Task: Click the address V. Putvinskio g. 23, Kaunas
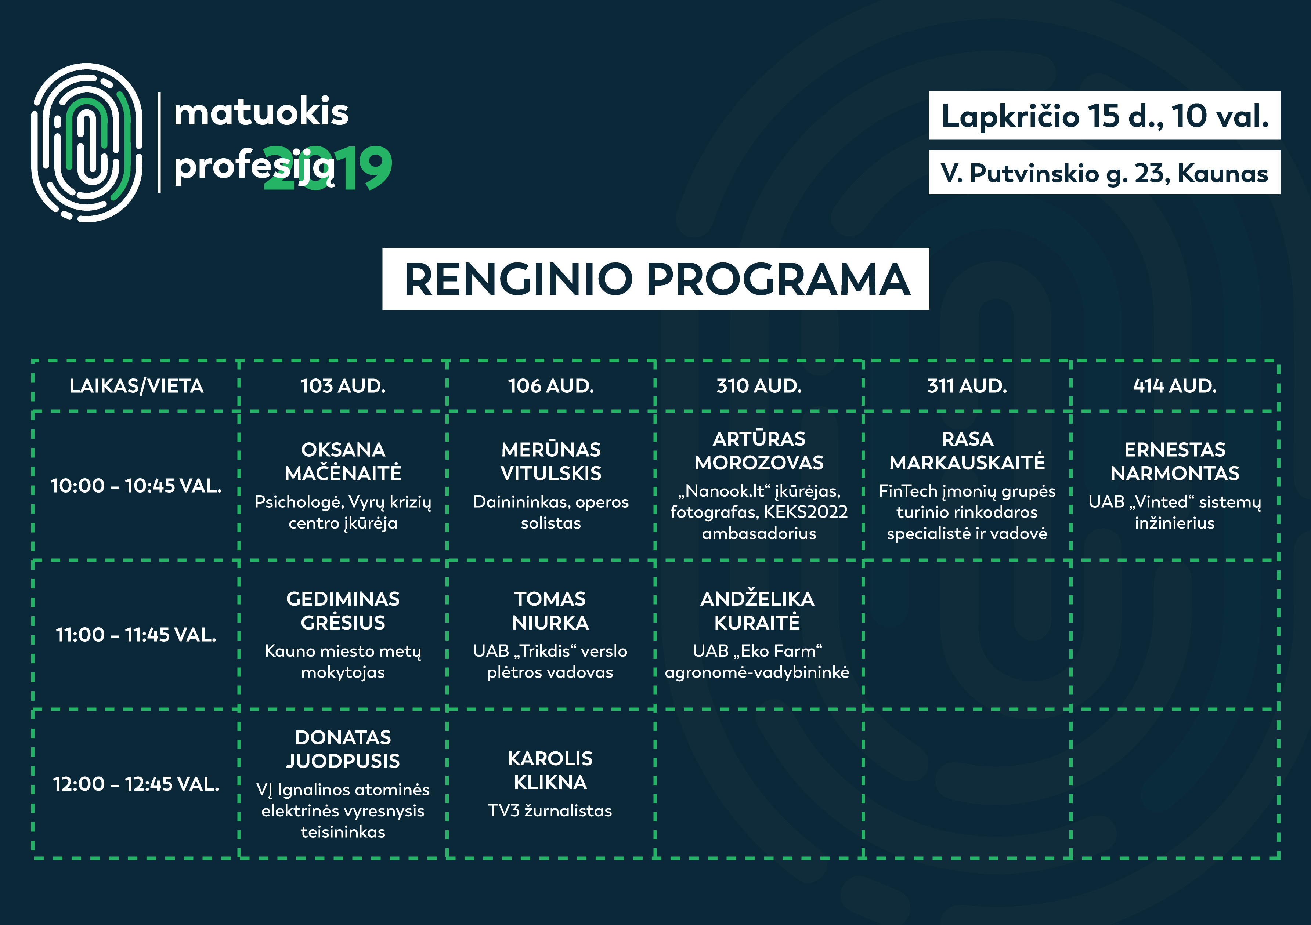coord(1104,172)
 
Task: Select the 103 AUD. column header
coord(343,386)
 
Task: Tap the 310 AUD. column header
coord(759,386)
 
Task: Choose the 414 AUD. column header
coord(1174,386)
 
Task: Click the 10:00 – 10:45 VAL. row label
coord(136,486)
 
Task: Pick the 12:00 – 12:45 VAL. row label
coord(136,784)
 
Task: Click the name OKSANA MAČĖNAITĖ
coord(343,461)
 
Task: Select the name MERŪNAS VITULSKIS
coord(551,461)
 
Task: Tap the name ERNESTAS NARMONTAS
coord(1174,461)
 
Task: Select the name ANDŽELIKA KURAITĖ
coord(757,610)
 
